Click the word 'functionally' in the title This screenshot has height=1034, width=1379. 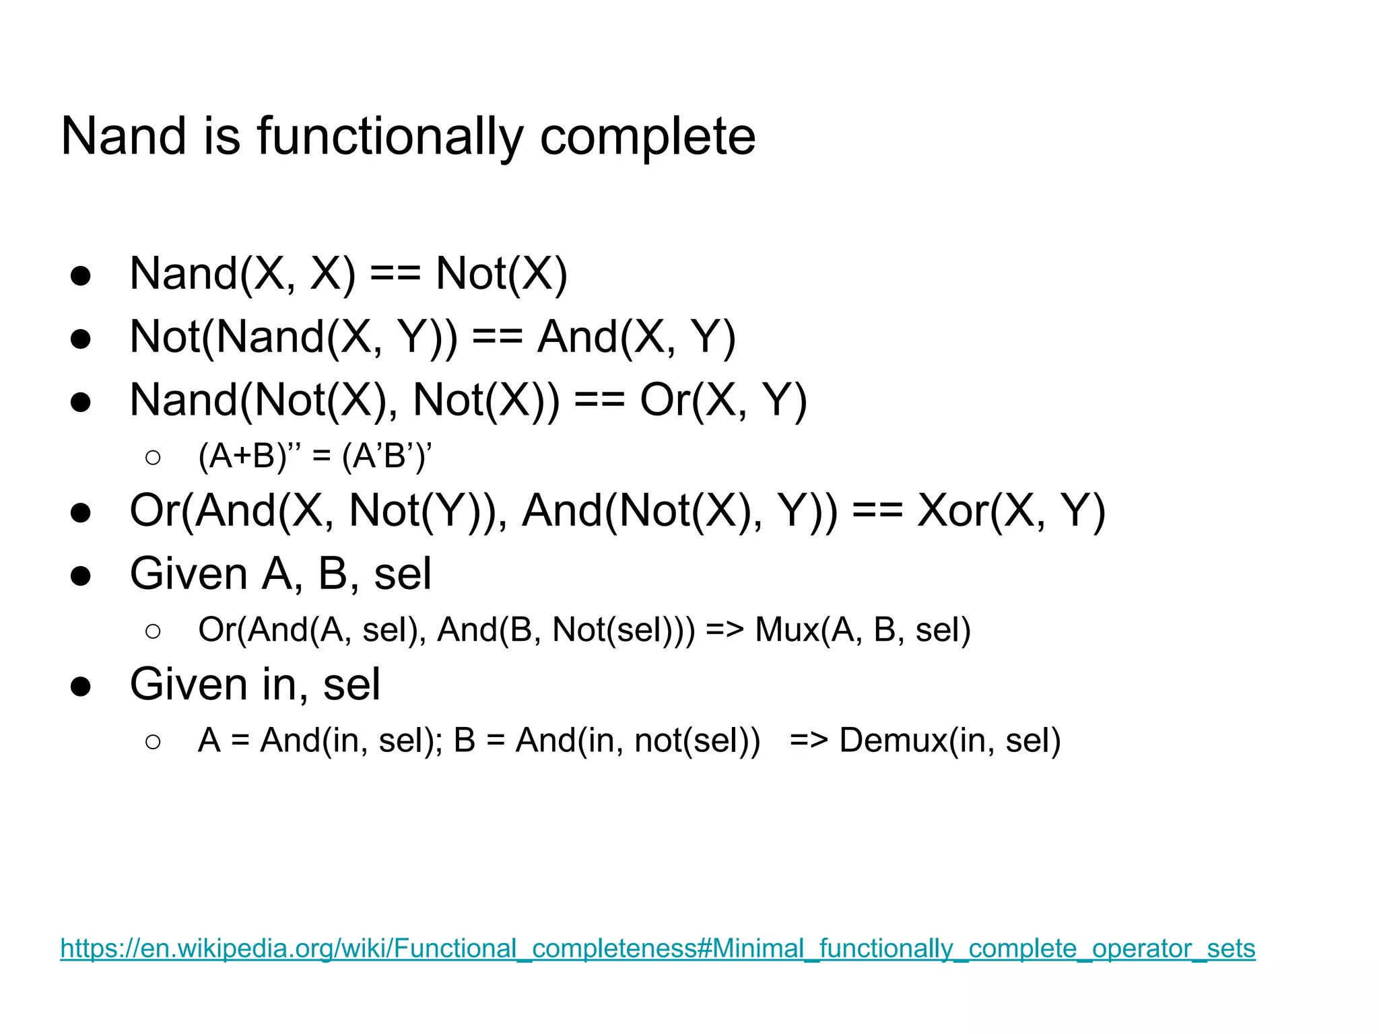click(390, 137)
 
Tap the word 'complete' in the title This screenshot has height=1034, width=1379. click(648, 137)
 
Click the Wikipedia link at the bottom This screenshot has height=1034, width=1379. click(657, 949)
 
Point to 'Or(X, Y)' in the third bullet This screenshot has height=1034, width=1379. click(723, 400)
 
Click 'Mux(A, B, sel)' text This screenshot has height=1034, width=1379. click(863, 630)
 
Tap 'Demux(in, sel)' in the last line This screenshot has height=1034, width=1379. click(950, 740)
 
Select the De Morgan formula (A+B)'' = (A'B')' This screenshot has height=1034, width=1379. click(315, 456)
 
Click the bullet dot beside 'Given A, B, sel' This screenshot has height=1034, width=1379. click(81, 576)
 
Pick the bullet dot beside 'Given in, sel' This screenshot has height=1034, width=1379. click(81, 687)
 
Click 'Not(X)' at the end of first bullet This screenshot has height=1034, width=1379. click(502, 274)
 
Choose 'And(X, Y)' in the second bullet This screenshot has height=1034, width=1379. click(636, 337)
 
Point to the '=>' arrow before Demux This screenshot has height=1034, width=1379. click(809, 740)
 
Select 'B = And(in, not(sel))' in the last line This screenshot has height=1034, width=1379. click(607, 740)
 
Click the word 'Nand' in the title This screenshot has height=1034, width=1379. click(123, 137)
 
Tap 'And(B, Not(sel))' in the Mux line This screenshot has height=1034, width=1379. click(566, 630)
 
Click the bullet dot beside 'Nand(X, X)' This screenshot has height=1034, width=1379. click(81, 276)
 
